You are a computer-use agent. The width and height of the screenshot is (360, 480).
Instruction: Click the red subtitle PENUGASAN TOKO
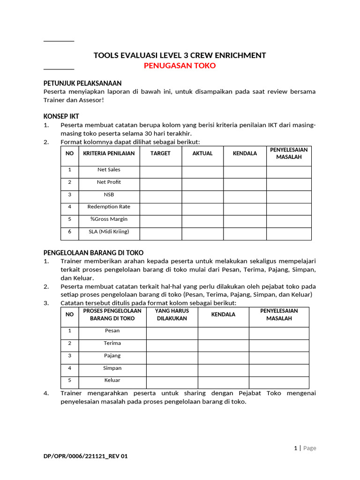click(180, 66)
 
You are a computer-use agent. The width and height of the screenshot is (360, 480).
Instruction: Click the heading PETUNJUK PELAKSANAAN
click(82, 83)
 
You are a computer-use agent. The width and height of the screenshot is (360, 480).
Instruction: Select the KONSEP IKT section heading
click(61, 116)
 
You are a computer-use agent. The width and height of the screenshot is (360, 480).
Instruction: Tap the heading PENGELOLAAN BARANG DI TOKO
click(93, 253)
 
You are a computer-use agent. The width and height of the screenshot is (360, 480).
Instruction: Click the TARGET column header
click(160, 153)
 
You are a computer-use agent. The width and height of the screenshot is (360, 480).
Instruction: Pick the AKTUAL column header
click(202, 153)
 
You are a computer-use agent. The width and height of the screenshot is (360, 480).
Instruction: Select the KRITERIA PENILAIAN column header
click(109, 153)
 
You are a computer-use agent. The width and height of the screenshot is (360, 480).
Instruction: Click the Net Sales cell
click(109, 170)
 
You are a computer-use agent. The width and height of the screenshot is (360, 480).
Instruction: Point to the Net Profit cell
click(109, 182)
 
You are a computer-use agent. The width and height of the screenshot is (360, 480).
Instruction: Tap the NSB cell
click(109, 194)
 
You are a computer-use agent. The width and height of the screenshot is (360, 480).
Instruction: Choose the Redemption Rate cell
click(109, 207)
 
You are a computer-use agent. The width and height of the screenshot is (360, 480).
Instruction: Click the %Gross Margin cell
click(109, 219)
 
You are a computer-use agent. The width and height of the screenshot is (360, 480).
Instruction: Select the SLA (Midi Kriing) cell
click(109, 232)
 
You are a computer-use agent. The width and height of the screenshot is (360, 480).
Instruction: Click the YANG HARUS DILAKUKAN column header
click(172, 315)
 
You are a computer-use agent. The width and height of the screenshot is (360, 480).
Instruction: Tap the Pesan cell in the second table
click(112, 331)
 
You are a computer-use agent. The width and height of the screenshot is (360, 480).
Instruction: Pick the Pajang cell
click(112, 356)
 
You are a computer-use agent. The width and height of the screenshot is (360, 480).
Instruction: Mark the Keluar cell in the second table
click(112, 380)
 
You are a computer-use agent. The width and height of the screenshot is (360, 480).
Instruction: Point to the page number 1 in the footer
click(295, 448)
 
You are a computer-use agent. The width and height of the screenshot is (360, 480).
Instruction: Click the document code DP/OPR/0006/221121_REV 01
click(85, 468)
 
